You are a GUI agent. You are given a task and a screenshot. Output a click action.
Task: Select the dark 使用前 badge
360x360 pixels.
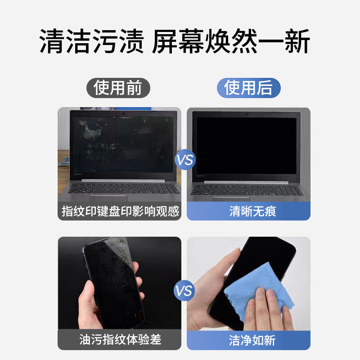pyautogui.click(x=117, y=88)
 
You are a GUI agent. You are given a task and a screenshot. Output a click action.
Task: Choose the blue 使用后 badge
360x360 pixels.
pyautogui.click(x=248, y=88)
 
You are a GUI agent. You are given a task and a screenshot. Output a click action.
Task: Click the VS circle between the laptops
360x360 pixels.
pyautogui.click(x=184, y=160)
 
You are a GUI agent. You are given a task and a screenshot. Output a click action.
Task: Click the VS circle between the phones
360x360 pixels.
pyautogui.click(x=184, y=290)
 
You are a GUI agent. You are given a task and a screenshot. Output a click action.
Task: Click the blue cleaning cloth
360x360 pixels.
pyautogui.click(x=256, y=292)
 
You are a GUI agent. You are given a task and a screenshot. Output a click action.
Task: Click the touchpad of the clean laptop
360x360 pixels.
pyautogui.click(x=231, y=198)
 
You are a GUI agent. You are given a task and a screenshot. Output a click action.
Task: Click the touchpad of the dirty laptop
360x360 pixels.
pyautogui.click(x=108, y=198)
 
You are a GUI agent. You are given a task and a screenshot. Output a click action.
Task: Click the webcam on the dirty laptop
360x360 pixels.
pyautogui.click(x=123, y=113)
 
